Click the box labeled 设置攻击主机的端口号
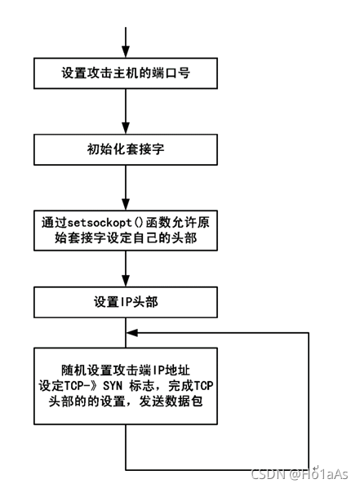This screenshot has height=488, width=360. [126, 73]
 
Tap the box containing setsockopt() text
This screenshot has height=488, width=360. [126, 232]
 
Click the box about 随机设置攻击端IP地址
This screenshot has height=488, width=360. [126, 386]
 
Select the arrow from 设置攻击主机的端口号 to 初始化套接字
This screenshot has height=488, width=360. [126, 111]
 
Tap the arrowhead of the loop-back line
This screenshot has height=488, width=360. [132, 331]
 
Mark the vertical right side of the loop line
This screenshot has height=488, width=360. [309, 400]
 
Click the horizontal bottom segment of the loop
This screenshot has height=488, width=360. [217, 470]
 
